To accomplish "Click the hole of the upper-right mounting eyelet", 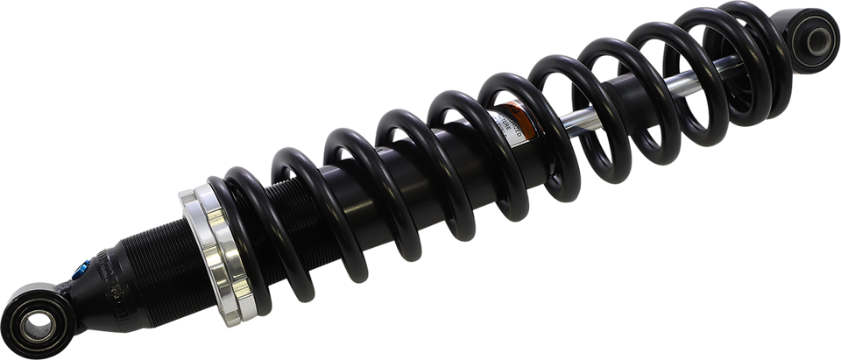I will [820, 37].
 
